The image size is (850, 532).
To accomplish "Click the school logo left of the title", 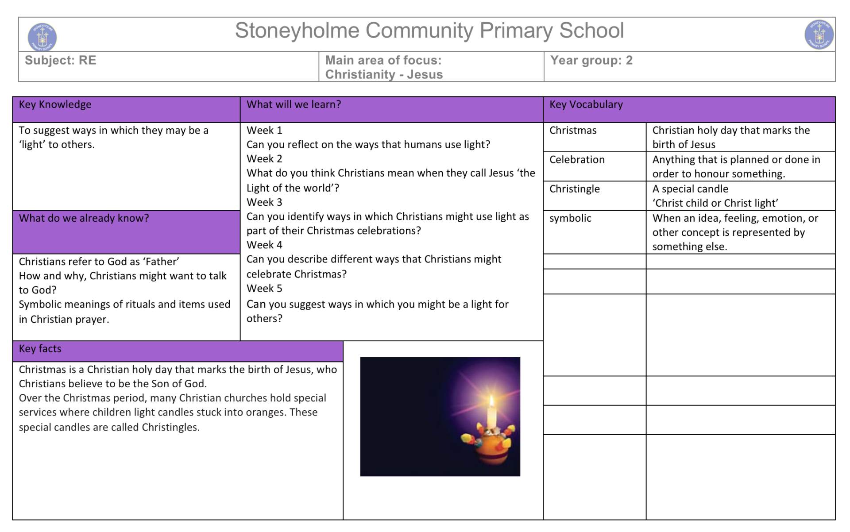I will (42, 37).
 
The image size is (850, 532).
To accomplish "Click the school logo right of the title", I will (819, 35).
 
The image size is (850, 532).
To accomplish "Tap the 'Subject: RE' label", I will (60, 60).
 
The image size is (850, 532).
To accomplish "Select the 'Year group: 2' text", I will (591, 60).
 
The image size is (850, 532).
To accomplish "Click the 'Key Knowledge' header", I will (55, 104).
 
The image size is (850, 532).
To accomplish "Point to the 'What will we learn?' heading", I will (294, 104).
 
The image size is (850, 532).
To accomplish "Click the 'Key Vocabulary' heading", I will (586, 104).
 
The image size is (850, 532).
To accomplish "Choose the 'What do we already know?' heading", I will (84, 218).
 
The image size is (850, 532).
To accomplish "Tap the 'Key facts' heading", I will (40, 349).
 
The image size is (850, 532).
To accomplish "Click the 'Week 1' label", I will (264, 130).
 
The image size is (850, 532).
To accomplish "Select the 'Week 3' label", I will (264, 202).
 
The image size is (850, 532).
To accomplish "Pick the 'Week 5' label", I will (264, 289).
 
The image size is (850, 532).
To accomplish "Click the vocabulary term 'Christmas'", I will (573, 130).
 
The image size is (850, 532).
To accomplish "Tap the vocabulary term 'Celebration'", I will (577, 159).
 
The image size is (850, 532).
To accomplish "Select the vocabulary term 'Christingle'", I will (575, 189).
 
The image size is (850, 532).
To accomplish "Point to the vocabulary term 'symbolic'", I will (570, 218).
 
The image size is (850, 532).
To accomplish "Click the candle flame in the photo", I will (491, 401).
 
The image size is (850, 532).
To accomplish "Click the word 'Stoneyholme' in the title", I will (297, 31).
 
